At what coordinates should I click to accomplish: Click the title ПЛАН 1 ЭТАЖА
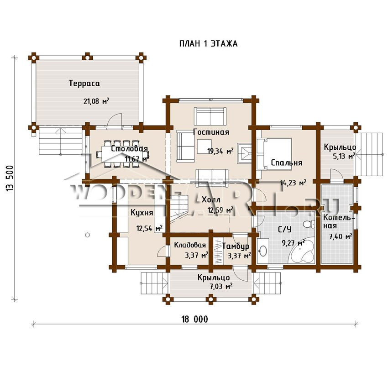point(208,43)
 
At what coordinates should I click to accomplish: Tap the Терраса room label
point(84,83)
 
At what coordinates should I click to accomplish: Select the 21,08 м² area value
point(96,101)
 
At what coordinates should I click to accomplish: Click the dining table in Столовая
point(123,154)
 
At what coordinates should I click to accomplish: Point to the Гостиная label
point(211,132)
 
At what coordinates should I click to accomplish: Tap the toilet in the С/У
point(309,224)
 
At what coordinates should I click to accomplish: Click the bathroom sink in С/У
point(262,251)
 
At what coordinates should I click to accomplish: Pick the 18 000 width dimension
point(195,319)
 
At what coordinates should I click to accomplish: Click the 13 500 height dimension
point(10,178)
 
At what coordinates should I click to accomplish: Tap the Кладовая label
point(190,245)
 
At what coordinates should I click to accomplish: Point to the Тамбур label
point(236,246)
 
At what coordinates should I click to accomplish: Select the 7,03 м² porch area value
point(221,287)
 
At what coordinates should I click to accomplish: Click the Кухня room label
point(142,213)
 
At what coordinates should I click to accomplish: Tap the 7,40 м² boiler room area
point(341,236)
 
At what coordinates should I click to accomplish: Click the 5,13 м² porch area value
point(344,156)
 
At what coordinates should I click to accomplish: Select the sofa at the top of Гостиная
point(210,116)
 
